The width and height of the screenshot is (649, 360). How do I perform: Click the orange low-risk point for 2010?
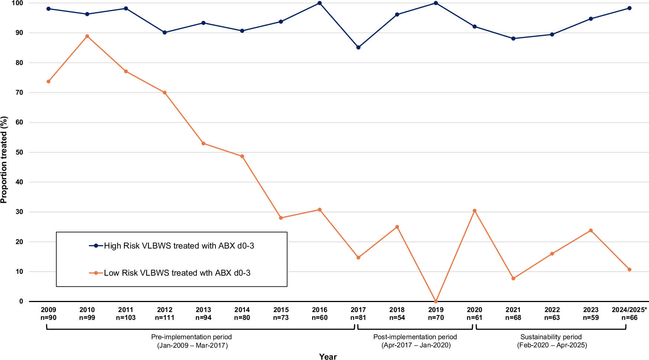point(87,36)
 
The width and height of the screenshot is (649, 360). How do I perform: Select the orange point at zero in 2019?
point(436,301)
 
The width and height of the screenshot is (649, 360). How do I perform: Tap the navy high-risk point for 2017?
point(358,48)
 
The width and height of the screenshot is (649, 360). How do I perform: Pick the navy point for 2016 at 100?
point(319,3)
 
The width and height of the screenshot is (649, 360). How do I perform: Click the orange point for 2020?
point(474,211)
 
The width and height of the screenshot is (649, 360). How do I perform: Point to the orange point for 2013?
point(203,143)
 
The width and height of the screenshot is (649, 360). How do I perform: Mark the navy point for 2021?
point(513,39)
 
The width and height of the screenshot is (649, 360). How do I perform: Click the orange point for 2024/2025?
point(629,269)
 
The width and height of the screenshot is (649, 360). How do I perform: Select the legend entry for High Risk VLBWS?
point(179,246)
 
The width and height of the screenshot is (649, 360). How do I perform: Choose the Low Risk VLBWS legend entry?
point(177,273)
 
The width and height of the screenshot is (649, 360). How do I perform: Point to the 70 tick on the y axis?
point(19,93)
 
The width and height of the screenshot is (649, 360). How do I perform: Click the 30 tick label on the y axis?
point(19,212)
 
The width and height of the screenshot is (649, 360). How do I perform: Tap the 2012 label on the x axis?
point(165,309)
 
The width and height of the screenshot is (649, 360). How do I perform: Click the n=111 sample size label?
point(165,318)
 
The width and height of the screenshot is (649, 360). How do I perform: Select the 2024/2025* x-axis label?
point(629,309)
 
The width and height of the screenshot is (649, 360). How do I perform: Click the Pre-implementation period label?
point(191,337)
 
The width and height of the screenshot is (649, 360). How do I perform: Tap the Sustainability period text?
point(551,337)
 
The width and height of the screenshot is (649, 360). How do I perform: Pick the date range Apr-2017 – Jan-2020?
point(416,345)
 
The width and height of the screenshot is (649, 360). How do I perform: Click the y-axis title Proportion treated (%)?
point(4,160)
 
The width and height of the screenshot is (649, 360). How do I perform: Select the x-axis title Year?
point(328,356)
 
